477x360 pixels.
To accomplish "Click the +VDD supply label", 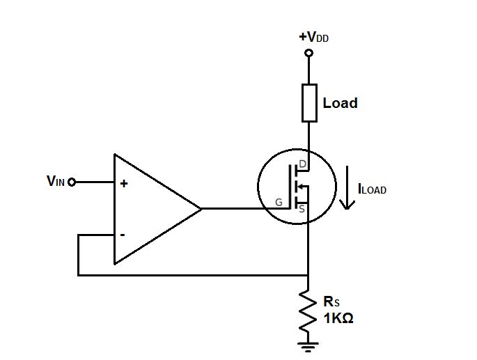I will [313, 37].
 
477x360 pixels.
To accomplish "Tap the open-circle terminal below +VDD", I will [308, 52].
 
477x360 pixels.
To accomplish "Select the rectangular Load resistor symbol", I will [308, 102].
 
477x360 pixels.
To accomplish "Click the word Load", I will [340, 103].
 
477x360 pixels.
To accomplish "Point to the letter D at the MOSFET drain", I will [302, 164].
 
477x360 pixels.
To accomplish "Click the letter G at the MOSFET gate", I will [279, 203].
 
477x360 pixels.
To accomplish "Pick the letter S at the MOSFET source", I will [302, 207].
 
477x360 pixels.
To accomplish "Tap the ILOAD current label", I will [371, 189].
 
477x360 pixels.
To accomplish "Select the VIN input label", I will [56, 182].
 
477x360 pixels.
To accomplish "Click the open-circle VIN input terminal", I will [72, 182].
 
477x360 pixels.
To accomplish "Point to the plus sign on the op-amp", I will [124, 184].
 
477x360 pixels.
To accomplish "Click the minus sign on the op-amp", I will [123, 235].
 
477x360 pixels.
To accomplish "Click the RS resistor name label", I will [331, 302].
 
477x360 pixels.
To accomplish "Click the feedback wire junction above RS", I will [308, 275].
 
